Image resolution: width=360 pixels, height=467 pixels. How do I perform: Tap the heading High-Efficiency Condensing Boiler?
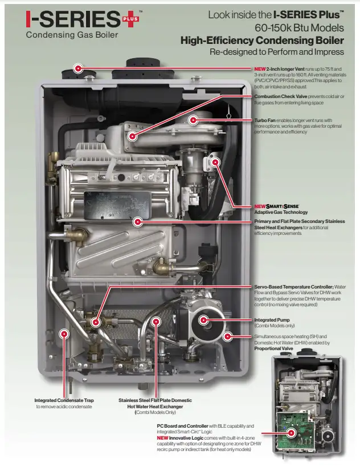coord(262,40)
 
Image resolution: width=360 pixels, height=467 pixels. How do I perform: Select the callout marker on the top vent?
coord(78,68)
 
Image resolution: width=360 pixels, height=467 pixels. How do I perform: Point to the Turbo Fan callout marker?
coord(193,120)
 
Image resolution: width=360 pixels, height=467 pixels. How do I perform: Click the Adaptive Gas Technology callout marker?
coord(215,163)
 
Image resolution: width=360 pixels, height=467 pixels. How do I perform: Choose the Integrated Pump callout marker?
coord(203,320)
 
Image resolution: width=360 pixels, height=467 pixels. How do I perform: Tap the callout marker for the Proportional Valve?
coord(228,336)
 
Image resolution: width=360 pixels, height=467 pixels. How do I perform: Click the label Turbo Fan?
coord(264,120)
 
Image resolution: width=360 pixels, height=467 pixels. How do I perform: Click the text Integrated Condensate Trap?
coord(64,400)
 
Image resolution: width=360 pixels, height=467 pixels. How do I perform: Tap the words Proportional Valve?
coord(274,348)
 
